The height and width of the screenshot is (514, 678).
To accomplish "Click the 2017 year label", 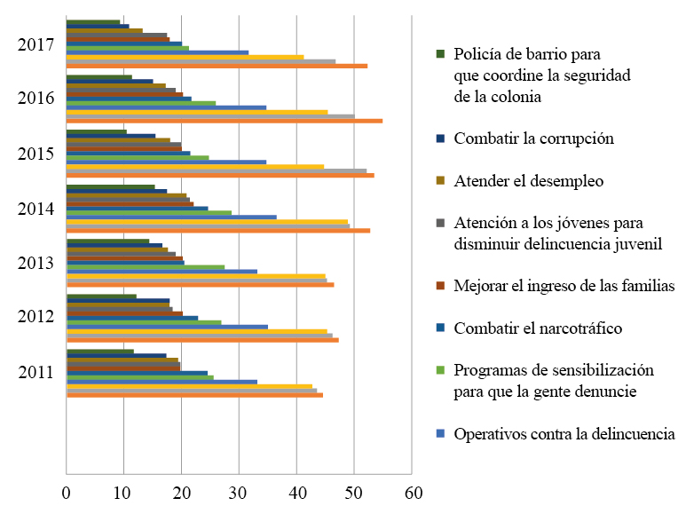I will coord(35,45).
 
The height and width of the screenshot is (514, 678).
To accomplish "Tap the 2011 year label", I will coord(35,372).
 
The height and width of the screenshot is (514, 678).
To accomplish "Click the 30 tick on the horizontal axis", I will coord(239,491).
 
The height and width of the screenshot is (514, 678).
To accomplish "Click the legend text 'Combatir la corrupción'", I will coord(533,138).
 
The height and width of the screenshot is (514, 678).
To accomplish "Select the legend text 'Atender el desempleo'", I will coord(528,181).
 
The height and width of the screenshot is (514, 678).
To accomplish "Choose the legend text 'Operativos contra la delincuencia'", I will coord(564,434).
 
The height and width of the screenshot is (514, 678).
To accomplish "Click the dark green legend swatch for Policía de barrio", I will coord(439,54).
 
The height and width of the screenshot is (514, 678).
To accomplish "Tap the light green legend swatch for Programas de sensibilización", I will coord(439,370).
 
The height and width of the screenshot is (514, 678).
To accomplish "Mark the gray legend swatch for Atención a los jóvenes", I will coord(439,224).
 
